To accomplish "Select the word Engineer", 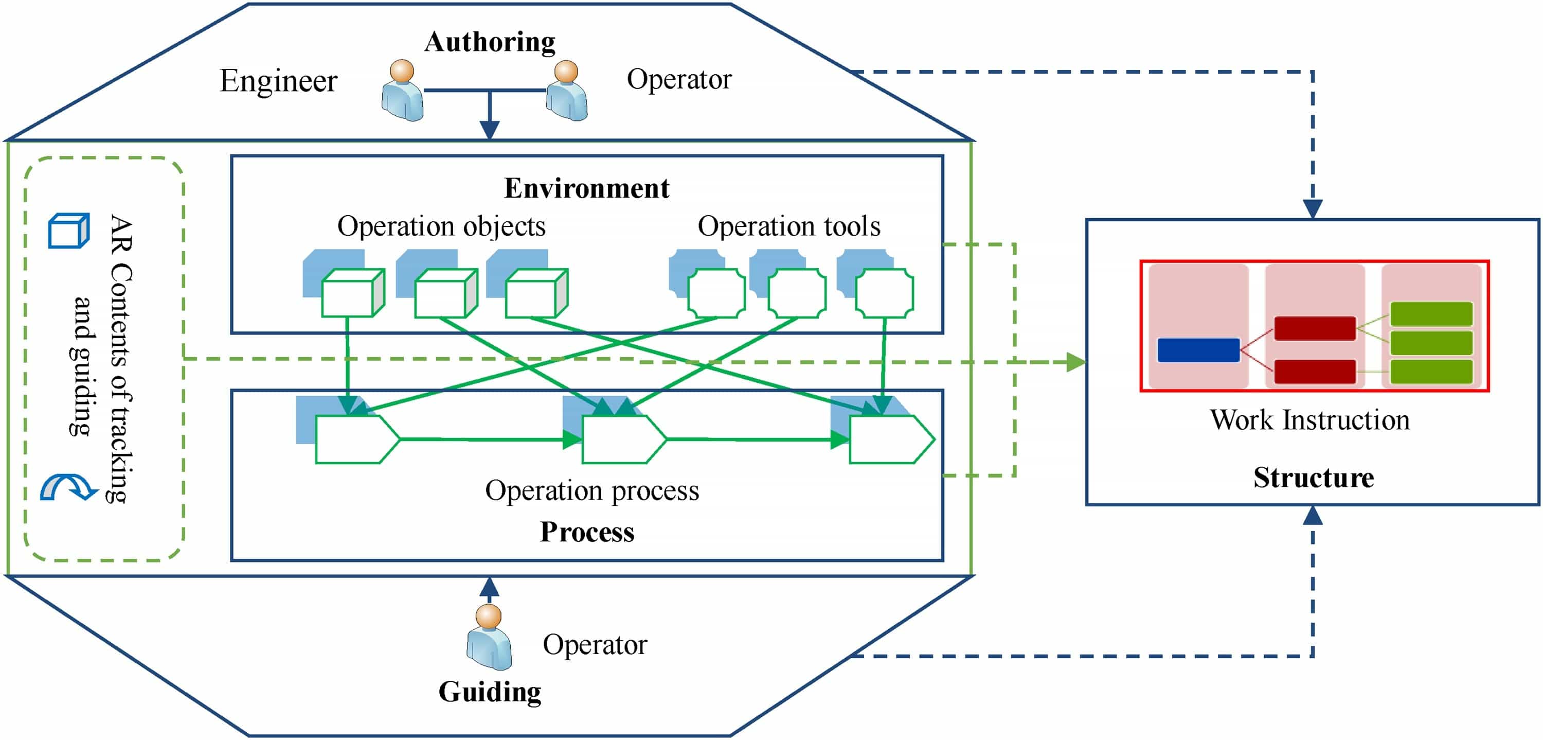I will [x=279, y=81].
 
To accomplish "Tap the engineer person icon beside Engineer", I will [x=403, y=91].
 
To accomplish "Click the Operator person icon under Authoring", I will [x=567, y=91].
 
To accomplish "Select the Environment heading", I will [x=586, y=188].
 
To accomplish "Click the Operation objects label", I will [x=441, y=226].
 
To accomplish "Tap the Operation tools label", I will [x=789, y=226].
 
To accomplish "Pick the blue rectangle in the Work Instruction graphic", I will [x=1198, y=350].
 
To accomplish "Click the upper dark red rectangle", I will [x=1315, y=328].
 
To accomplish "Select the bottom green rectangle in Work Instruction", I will [x=1431, y=371].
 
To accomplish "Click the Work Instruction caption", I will [x=1309, y=420].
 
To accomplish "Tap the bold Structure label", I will [x=1314, y=478].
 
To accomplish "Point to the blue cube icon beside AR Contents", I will [x=68, y=231].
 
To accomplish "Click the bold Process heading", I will [x=587, y=532].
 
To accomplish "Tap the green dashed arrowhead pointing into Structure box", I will [x=1076, y=362].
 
